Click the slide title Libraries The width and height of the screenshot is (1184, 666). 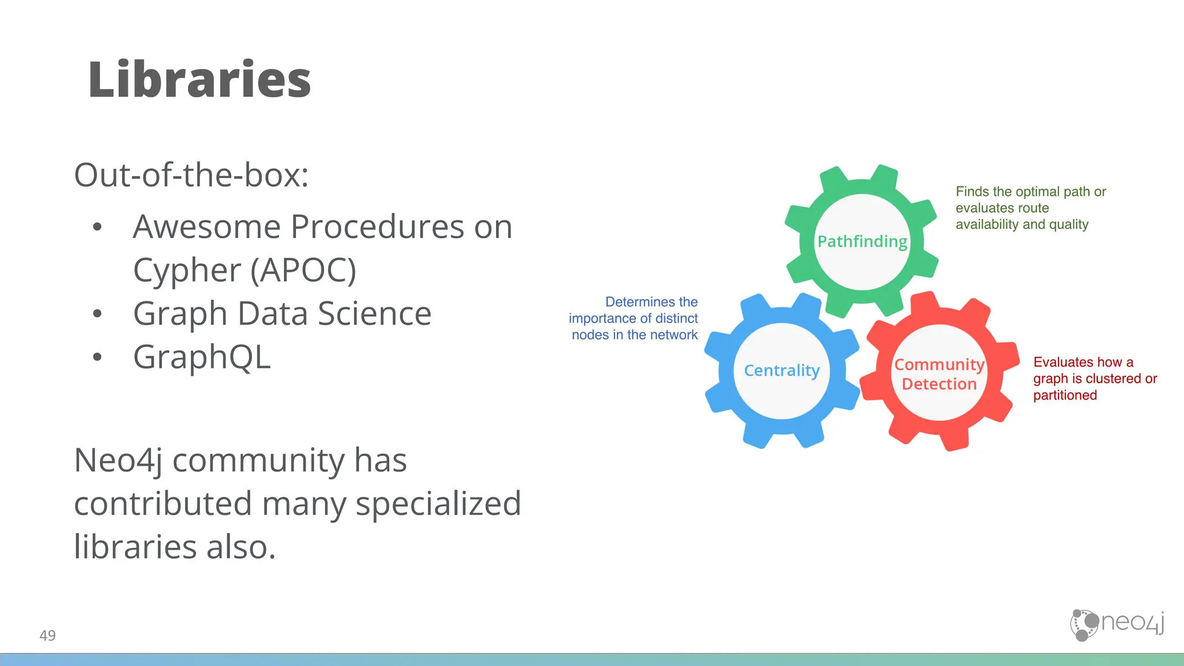click(x=199, y=80)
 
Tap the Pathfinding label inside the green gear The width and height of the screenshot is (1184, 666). click(x=862, y=241)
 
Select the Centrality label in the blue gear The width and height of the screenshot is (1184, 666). click(x=782, y=370)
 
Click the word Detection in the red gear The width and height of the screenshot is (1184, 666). click(x=939, y=384)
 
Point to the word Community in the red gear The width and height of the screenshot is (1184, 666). click(x=939, y=364)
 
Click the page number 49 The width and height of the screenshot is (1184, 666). click(x=47, y=635)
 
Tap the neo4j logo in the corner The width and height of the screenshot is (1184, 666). click(x=1117, y=624)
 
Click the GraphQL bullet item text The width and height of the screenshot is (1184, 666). click(x=202, y=357)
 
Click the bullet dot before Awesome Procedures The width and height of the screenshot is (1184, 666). click(x=97, y=227)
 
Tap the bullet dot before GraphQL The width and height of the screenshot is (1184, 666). click(x=97, y=357)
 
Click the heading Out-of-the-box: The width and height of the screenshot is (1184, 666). click(x=191, y=175)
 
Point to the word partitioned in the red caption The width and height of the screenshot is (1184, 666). click(x=1065, y=395)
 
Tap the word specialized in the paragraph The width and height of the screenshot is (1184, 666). click(x=438, y=504)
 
